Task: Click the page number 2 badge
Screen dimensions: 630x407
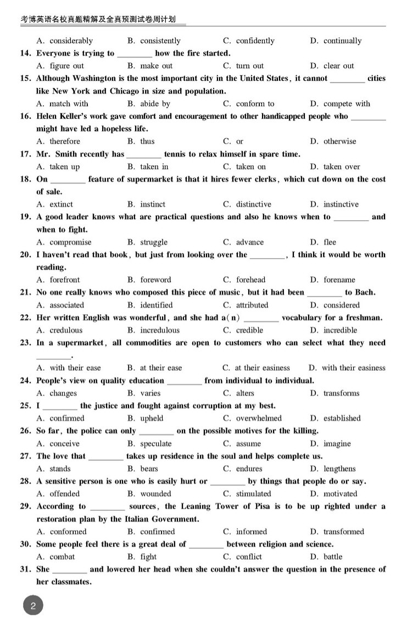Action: coord(33,607)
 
